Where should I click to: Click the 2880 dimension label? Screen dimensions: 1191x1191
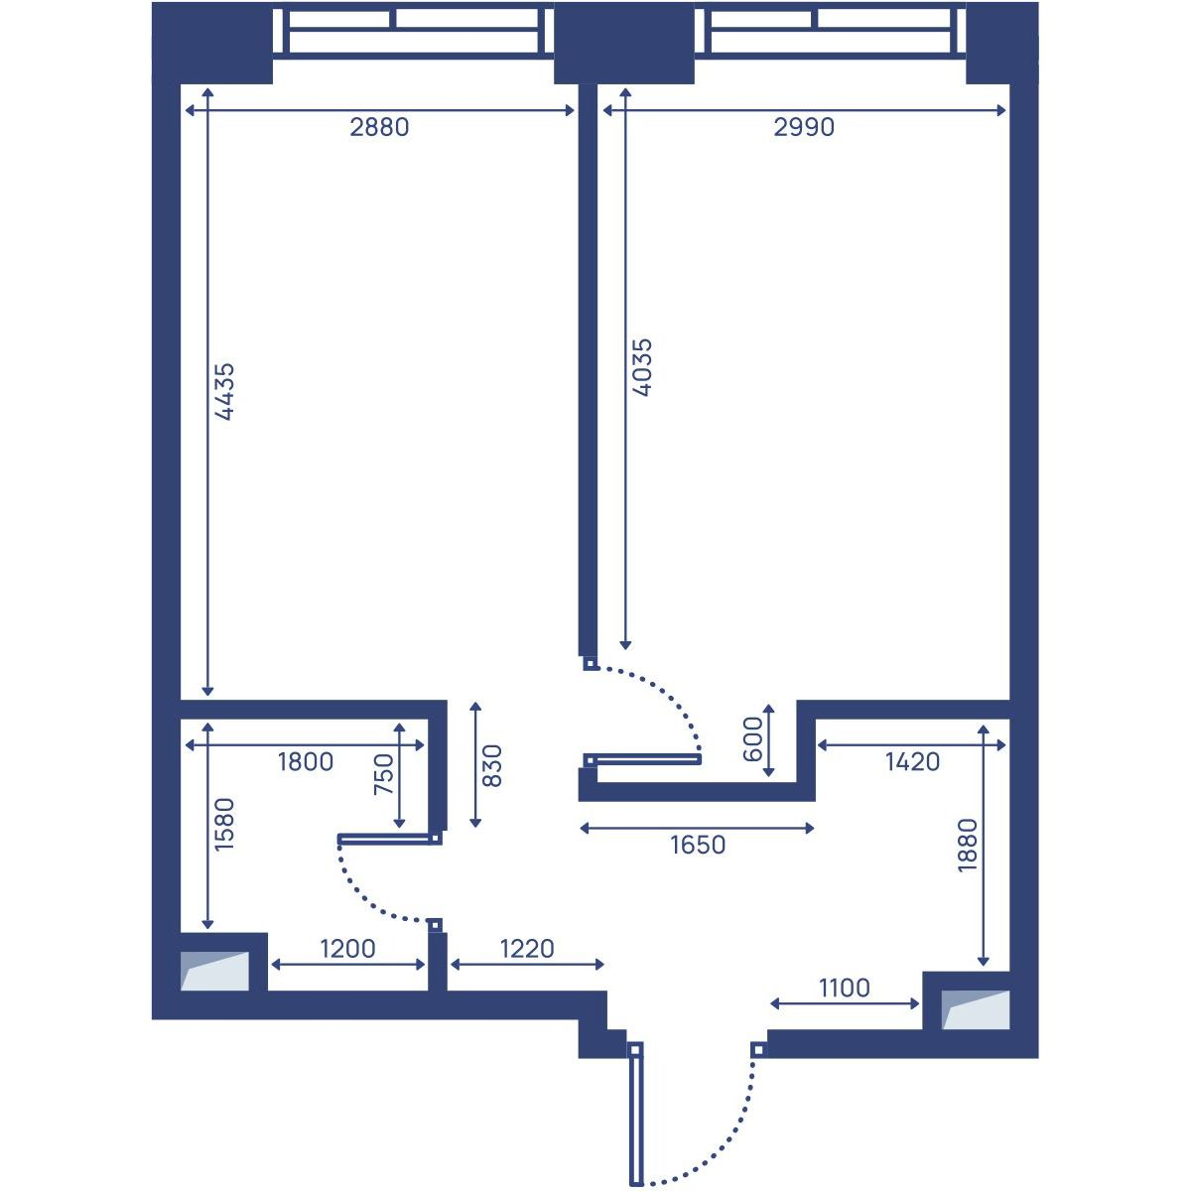tap(379, 127)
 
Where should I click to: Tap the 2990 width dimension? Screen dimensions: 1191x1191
tap(804, 127)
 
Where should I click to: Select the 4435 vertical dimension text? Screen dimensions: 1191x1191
tap(223, 391)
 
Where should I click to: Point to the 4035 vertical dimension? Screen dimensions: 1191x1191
tap(642, 367)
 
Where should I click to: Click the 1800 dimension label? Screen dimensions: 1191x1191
tap(306, 761)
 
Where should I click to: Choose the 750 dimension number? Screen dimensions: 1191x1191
tap(384, 774)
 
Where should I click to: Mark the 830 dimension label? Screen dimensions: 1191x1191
tap(491, 766)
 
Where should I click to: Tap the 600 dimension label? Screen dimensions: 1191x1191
tap(752, 739)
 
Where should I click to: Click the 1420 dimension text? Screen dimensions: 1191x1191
tap(912, 762)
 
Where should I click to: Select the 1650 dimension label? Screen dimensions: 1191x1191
tap(698, 845)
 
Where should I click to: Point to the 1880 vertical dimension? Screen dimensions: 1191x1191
tap(968, 846)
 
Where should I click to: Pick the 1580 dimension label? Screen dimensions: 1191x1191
tap(223, 825)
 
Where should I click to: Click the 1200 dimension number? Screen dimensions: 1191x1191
tap(347, 948)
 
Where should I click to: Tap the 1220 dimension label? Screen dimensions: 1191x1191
tap(527, 948)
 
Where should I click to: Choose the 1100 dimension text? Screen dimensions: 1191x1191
tap(845, 989)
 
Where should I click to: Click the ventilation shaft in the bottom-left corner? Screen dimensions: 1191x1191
tap(214, 971)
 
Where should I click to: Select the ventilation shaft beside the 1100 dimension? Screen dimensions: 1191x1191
tap(976, 1010)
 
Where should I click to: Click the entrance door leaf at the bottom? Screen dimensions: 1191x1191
tap(636, 1121)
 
